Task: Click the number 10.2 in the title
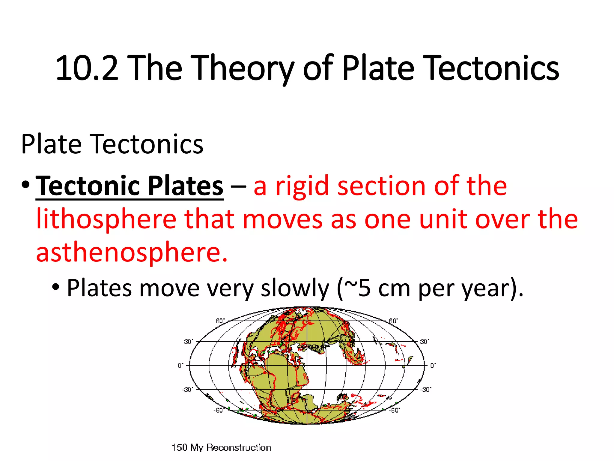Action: pyautogui.click(x=87, y=68)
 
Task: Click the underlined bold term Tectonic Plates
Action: pyautogui.click(x=130, y=186)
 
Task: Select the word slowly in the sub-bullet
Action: pyautogui.click(x=295, y=288)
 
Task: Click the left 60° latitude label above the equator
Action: pyautogui.click(x=220, y=321)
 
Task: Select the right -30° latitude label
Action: pyautogui.click(x=426, y=390)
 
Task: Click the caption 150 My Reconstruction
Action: pyautogui.click(x=221, y=447)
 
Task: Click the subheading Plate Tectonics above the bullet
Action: pyautogui.click(x=112, y=145)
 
